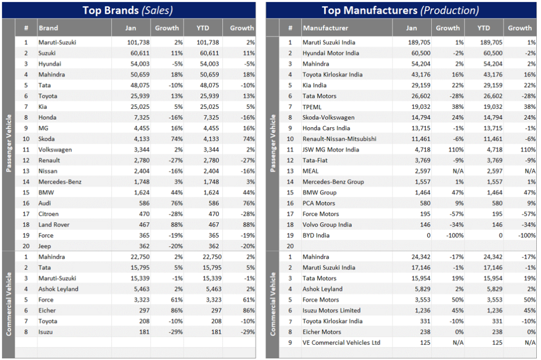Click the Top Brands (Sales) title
[127, 10]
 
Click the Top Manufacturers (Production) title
[400, 10]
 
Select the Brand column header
[48, 28]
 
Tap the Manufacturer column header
[325, 28]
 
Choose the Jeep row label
[45, 246]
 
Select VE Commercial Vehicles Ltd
[341, 343]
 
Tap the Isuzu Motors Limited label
[331, 310]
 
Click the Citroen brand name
[49, 214]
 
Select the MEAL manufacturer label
[311, 171]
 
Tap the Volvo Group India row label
[327, 224]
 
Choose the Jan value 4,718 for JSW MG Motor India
[421, 149]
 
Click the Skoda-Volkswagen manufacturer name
[328, 117]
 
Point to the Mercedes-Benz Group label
[333, 182]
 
